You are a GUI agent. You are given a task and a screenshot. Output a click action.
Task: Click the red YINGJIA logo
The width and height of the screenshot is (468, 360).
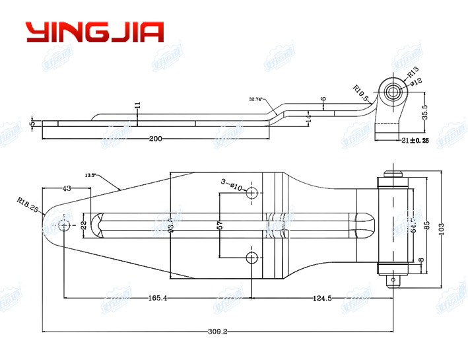click(94, 32)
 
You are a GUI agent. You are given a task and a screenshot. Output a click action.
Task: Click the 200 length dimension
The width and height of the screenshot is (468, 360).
click(156, 138)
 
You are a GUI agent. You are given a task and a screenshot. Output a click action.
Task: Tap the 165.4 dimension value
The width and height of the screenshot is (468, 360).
click(158, 299)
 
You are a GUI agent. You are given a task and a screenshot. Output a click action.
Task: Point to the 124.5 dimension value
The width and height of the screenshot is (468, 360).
click(321, 299)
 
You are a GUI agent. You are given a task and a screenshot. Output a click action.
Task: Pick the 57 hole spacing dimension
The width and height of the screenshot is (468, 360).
click(220, 226)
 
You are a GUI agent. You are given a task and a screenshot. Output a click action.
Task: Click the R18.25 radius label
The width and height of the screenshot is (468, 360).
click(29, 205)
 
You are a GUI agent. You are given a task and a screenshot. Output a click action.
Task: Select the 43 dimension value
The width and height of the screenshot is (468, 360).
click(66, 189)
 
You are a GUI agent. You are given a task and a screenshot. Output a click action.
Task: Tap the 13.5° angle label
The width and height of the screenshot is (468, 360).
click(90, 175)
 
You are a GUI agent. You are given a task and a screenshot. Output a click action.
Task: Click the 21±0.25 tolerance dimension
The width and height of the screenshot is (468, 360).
click(415, 141)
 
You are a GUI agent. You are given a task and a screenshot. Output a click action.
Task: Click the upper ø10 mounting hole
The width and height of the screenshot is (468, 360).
click(251, 194)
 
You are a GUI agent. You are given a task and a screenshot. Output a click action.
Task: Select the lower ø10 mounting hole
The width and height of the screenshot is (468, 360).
click(251, 257)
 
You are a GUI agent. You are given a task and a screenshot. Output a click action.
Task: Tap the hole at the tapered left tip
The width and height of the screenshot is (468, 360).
click(63, 226)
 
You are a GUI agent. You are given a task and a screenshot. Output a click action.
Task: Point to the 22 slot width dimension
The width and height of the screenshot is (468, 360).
click(84, 225)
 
